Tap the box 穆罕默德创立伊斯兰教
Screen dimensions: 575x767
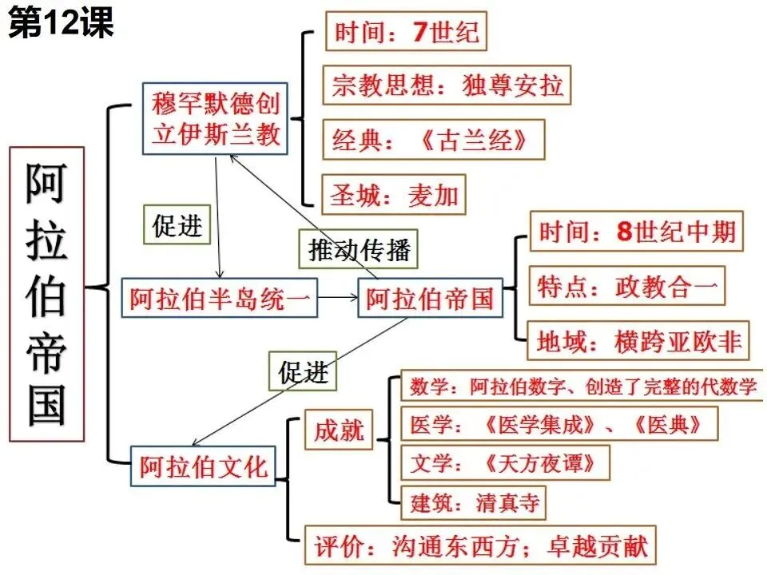click(x=217, y=118)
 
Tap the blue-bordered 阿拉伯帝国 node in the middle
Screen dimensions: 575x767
click(x=430, y=299)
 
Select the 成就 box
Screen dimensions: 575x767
click(x=339, y=430)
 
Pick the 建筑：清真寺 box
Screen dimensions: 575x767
click(x=475, y=502)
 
